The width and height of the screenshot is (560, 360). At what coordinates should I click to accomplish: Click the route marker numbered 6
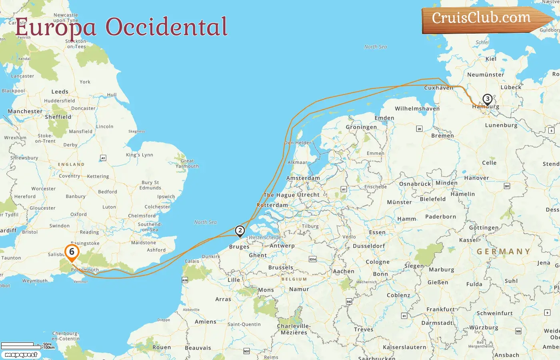(72, 252)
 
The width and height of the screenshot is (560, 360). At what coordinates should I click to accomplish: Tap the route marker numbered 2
(240, 230)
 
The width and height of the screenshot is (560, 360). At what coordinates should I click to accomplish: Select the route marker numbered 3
(487, 99)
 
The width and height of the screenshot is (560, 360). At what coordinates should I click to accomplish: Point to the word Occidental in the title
(166, 27)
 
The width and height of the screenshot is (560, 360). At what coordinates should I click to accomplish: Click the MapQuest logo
(21, 354)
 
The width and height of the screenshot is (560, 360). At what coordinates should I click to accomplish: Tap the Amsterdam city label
(303, 178)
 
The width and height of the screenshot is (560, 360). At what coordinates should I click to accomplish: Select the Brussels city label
(281, 268)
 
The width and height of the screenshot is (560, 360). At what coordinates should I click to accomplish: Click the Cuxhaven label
(439, 88)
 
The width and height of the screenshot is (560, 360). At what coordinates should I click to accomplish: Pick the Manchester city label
(25, 111)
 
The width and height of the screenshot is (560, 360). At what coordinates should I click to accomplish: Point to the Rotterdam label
(272, 205)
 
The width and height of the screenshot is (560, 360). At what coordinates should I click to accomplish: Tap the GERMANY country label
(504, 252)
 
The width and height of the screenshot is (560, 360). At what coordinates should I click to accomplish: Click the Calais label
(192, 261)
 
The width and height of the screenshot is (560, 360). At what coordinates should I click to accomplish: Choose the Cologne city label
(378, 262)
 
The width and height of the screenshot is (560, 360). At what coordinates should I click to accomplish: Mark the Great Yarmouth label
(187, 163)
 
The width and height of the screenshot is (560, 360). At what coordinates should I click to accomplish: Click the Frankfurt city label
(440, 309)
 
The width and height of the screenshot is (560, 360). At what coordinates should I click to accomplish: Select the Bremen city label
(442, 136)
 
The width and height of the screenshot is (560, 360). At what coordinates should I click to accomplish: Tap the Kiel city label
(491, 59)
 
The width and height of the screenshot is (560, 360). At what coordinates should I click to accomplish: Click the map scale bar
(18, 344)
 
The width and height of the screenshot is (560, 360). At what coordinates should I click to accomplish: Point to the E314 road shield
(312, 259)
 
